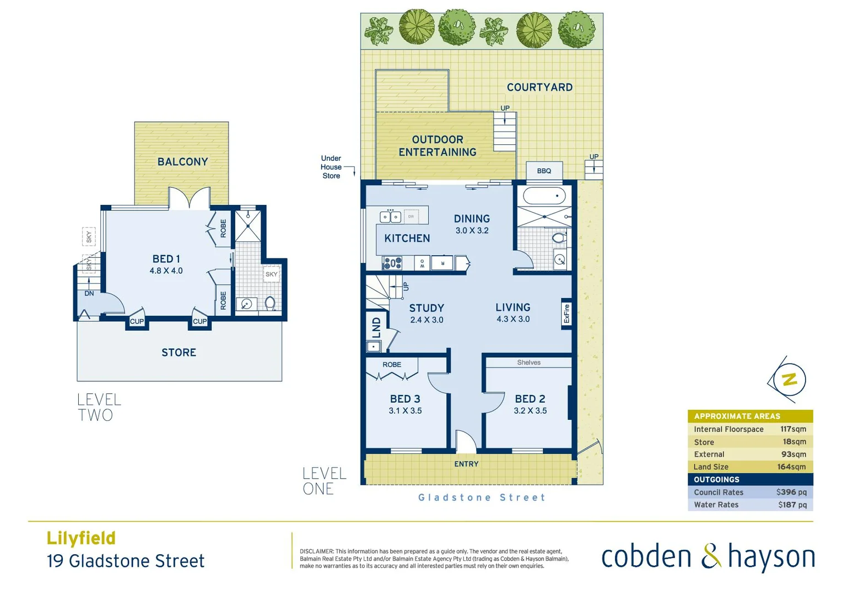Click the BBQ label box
pyautogui.click(x=544, y=171)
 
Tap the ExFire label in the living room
pyautogui.click(x=566, y=314)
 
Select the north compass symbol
pyautogui.click(x=789, y=379)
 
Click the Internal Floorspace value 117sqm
pyautogui.click(x=793, y=429)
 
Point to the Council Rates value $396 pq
pyautogui.click(x=791, y=492)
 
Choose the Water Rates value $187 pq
pyautogui.click(x=792, y=505)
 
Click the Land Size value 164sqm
pyautogui.click(x=791, y=467)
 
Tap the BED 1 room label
pyautogui.click(x=166, y=259)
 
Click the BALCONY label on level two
pyautogui.click(x=182, y=162)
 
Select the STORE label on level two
pyautogui.click(x=179, y=353)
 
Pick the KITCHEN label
pyautogui.click(x=407, y=239)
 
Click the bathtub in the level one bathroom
pyautogui.click(x=544, y=196)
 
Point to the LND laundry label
pyautogui.click(x=376, y=327)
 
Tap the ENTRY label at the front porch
pyautogui.click(x=466, y=464)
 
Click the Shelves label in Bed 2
pyautogui.click(x=528, y=363)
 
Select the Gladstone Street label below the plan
pyautogui.click(x=482, y=497)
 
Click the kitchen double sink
pyautogui.click(x=390, y=217)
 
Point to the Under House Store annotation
pyautogui.click(x=331, y=167)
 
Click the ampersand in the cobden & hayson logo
pyautogui.click(x=711, y=556)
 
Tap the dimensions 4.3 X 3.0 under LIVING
pyautogui.click(x=512, y=319)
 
